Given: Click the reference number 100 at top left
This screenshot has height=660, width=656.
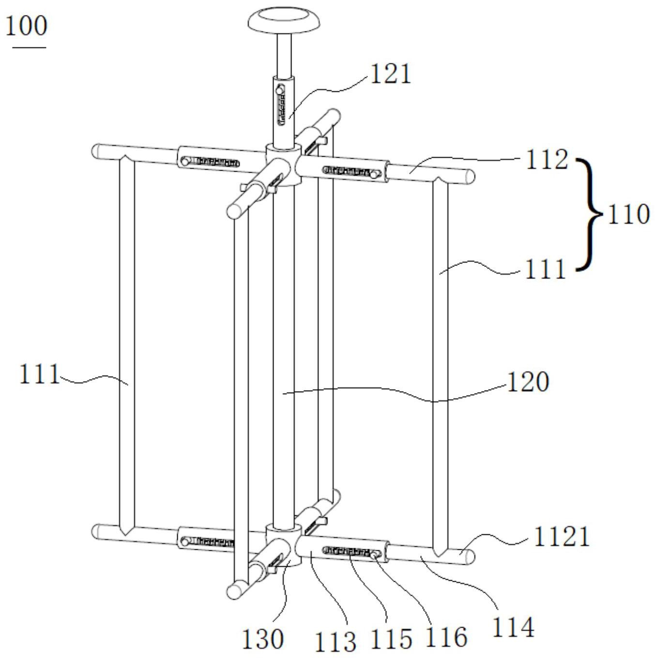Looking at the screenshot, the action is (x=26, y=26).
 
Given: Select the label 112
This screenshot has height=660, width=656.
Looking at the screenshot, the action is (x=547, y=160).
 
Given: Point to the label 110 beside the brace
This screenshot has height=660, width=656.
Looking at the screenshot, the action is (x=628, y=214).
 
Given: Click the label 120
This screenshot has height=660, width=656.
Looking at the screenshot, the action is (x=528, y=382).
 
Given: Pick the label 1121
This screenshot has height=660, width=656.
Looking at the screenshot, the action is (x=562, y=537).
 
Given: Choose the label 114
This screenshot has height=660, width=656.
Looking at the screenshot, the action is (x=514, y=628).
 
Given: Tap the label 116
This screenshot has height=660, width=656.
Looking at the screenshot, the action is (x=446, y=638).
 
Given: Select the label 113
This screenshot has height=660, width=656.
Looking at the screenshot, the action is (x=336, y=642).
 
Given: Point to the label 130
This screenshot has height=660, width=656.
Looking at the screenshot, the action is (x=262, y=639).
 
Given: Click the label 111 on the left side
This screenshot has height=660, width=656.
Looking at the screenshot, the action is (x=39, y=374).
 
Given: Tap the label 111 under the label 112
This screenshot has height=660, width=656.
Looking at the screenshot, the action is (x=545, y=269).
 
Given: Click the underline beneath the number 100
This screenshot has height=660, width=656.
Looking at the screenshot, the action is (x=30, y=47).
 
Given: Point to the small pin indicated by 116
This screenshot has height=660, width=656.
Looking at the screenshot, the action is (x=374, y=555).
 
